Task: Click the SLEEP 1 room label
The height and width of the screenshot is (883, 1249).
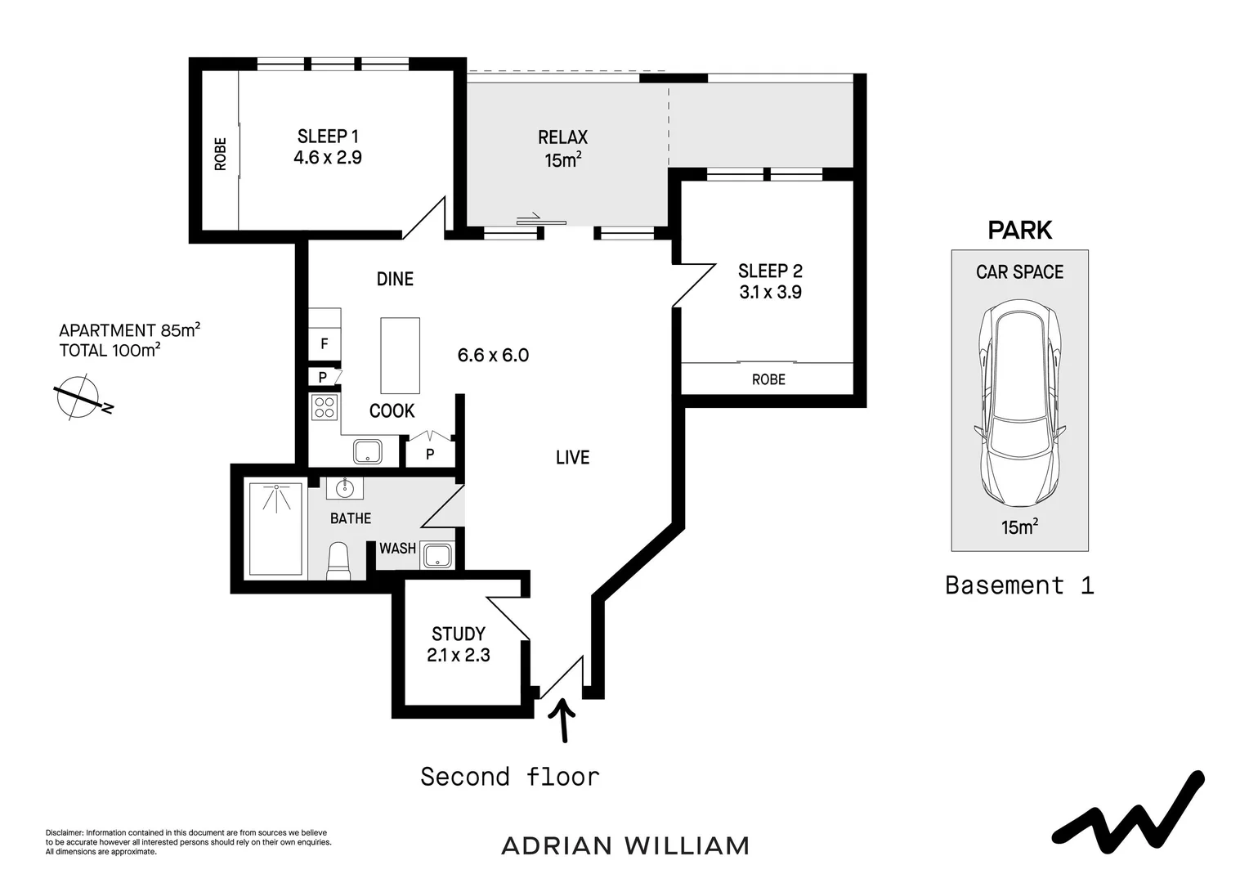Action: coord(328,137)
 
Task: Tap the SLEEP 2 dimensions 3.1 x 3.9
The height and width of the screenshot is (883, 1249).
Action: coord(770,292)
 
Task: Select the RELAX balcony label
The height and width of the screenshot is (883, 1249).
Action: coord(562,137)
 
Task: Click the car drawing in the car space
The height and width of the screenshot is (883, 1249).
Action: coord(1019,406)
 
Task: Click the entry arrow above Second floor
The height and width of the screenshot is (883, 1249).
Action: coord(562,719)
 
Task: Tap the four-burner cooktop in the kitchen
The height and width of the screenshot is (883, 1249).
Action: coord(325,406)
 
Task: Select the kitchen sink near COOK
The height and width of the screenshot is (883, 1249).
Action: coord(368,450)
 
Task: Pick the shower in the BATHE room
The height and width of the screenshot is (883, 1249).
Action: coord(275,527)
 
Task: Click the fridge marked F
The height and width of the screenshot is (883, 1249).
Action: coord(325,344)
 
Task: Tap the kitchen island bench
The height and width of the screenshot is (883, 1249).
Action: coord(400,356)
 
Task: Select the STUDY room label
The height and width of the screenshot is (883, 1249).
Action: coord(458,634)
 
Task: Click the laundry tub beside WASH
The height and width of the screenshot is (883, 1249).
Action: coord(438,555)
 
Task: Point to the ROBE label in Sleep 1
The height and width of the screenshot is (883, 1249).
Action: coord(220,153)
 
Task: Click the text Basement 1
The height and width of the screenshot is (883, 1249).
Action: coord(1019,585)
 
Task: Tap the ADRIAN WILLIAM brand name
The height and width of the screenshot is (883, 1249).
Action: coord(624,845)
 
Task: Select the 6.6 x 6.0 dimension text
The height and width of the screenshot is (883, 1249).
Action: coord(493,355)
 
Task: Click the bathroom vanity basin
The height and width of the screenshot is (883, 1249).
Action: coord(345,488)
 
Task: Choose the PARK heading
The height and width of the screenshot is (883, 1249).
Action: coord(1019,231)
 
